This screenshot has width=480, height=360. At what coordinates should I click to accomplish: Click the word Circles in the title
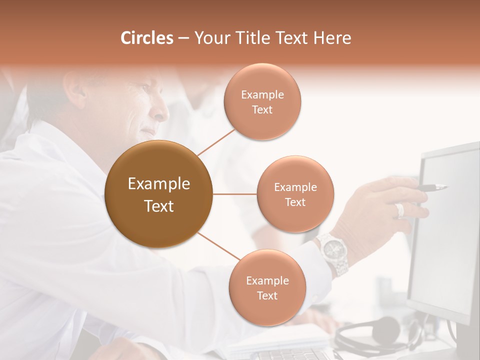point(147,38)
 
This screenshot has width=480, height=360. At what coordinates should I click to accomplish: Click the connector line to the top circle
point(216,142)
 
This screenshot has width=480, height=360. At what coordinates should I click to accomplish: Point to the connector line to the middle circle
point(234,194)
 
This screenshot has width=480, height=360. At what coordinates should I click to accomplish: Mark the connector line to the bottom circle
point(218,246)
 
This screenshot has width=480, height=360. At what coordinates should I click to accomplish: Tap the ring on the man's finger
point(399,210)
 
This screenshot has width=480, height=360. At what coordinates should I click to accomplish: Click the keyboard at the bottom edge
point(290,354)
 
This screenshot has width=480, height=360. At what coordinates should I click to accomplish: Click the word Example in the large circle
point(158,184)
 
